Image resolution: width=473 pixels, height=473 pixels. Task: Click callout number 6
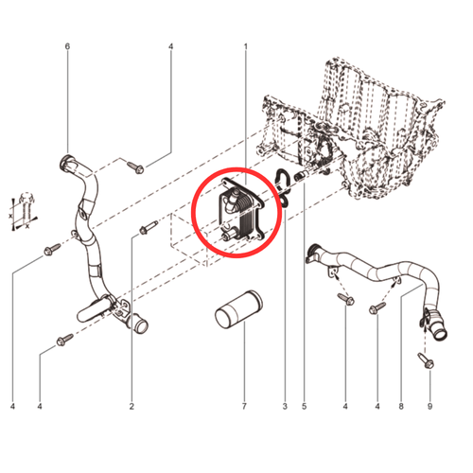(x=67, y=46)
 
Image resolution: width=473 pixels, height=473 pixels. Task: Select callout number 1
(x=245, y=47)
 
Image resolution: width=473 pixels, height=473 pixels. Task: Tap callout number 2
(x=131, y=407)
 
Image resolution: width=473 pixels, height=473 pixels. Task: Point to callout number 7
(x=244, y=407)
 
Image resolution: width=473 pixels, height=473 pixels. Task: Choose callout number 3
(x=285, y=407)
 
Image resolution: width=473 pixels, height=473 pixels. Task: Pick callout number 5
(x=305, y=407)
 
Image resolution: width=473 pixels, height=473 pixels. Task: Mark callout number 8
(x=401, y=407)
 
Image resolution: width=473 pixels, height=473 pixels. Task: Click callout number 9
(x=429, y=407)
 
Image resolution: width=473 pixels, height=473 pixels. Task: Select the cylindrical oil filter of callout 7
(x=238, y=310)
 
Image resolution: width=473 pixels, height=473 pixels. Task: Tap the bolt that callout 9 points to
(x=426, y=360)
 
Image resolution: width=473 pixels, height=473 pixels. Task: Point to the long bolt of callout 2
(x=149, y=227)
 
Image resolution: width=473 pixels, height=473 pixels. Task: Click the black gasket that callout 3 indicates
(x=283, y=188)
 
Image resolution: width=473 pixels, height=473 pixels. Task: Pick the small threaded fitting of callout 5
(x=300, y=176)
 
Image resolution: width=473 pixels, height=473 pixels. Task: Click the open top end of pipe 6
(x=66, y=163)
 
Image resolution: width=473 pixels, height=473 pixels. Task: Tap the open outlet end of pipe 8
(x=440, y=333)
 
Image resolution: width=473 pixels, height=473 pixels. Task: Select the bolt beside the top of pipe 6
(x=136, y=167)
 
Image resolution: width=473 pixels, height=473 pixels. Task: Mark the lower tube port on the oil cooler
(x=230, y=235)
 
